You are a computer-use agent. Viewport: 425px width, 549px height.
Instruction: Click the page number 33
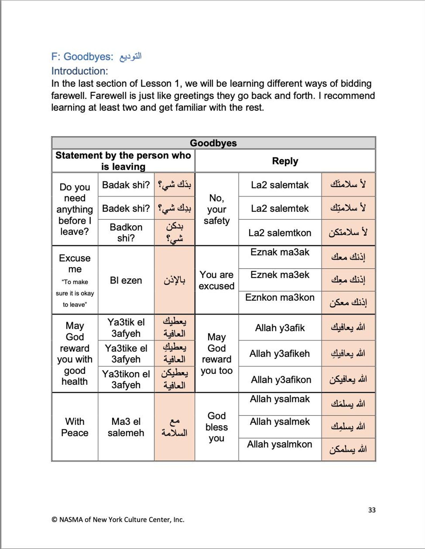(x=371, y=510)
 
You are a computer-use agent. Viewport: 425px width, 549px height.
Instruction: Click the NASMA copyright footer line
(x=118, y=520)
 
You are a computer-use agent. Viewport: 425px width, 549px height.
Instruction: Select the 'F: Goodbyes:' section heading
(x=82, y=57)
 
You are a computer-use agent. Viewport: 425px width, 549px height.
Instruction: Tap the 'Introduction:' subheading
(x=79, y=71)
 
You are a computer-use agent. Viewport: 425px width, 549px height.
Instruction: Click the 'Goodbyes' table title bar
(x=213, y=143)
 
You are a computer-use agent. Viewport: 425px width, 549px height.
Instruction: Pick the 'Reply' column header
(x=285, y=161)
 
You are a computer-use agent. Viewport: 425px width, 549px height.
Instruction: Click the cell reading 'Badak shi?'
(x=126, y=185)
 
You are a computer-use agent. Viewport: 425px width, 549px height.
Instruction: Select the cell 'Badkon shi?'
(x=126, y=233)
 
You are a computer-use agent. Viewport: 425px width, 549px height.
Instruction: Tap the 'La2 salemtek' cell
(x=280, y=208)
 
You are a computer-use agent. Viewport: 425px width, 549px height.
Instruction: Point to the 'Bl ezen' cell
(x=126, y=280)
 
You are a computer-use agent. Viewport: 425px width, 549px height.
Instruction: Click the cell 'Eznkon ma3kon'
(x=280, y=297)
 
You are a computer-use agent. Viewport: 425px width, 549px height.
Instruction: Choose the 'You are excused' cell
(x=217, y=280)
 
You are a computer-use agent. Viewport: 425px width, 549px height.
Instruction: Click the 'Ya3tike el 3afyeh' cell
(x=126, y=354)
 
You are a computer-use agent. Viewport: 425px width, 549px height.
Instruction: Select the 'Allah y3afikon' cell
(x=281, y=380)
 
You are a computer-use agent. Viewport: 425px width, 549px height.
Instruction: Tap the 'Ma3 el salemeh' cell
(x=126, y=427)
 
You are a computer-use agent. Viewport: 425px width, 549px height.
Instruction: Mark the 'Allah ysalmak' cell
(x=280, y=399)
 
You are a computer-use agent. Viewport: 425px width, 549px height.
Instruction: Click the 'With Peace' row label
(x=75, y=427)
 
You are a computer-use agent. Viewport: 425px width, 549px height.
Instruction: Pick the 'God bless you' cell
(x=217, y=427)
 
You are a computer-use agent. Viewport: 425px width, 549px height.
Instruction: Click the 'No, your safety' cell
(x=217, y=209)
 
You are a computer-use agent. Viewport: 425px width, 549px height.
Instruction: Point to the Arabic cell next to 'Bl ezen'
(x=174, y=280)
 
